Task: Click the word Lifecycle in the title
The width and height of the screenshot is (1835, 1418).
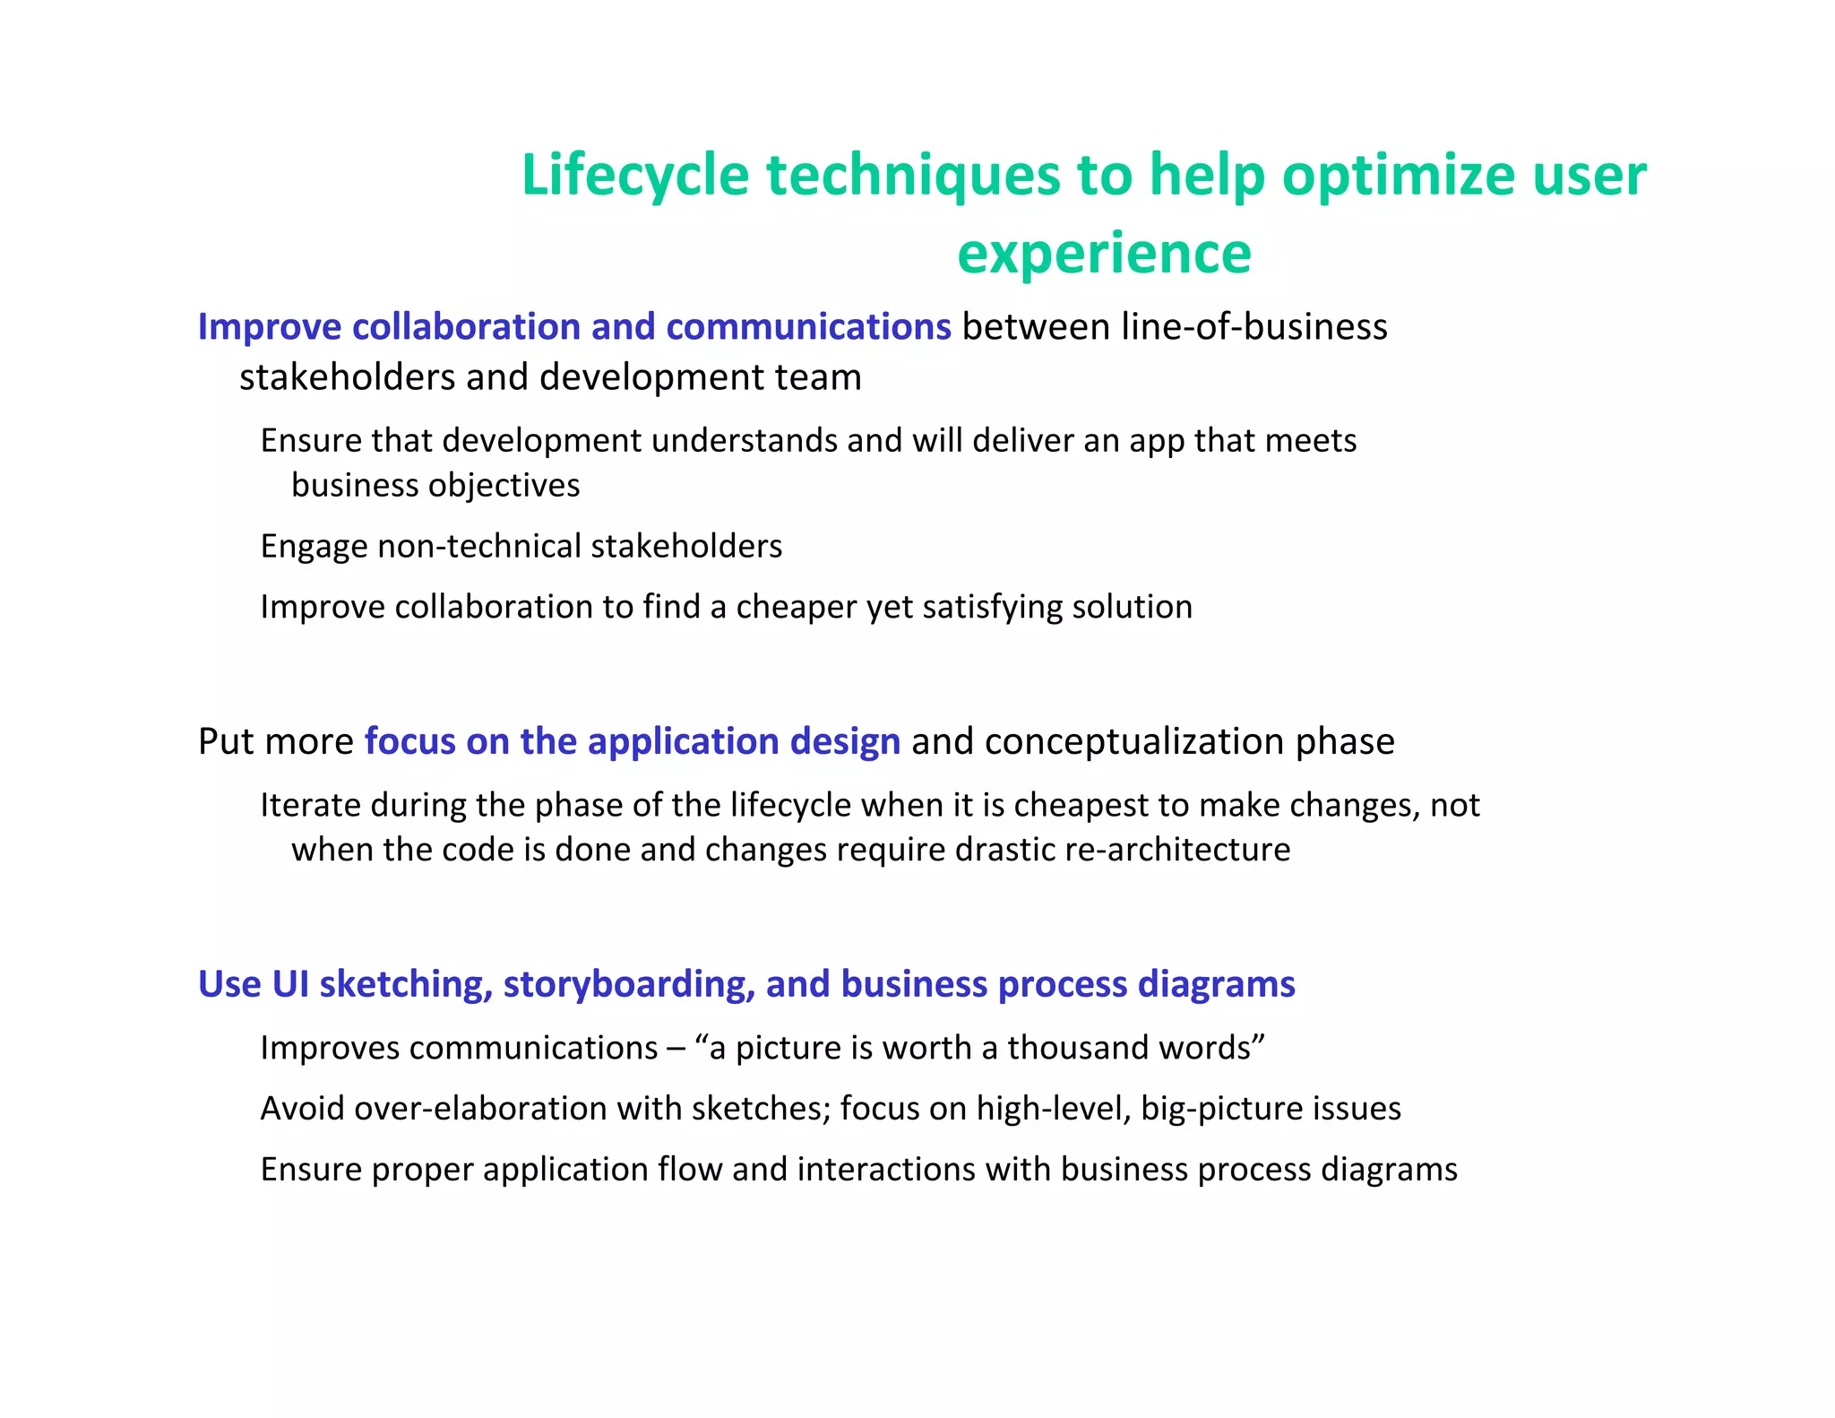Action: (634, 175)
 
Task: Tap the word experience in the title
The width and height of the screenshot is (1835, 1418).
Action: (1104, 254)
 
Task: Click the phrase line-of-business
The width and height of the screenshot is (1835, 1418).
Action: (1254, 327)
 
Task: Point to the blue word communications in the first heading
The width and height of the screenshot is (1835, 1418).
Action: (808, 327)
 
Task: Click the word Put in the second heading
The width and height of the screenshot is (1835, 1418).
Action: (226, 742)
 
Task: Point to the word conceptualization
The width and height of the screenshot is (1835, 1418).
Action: (1134, 742)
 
